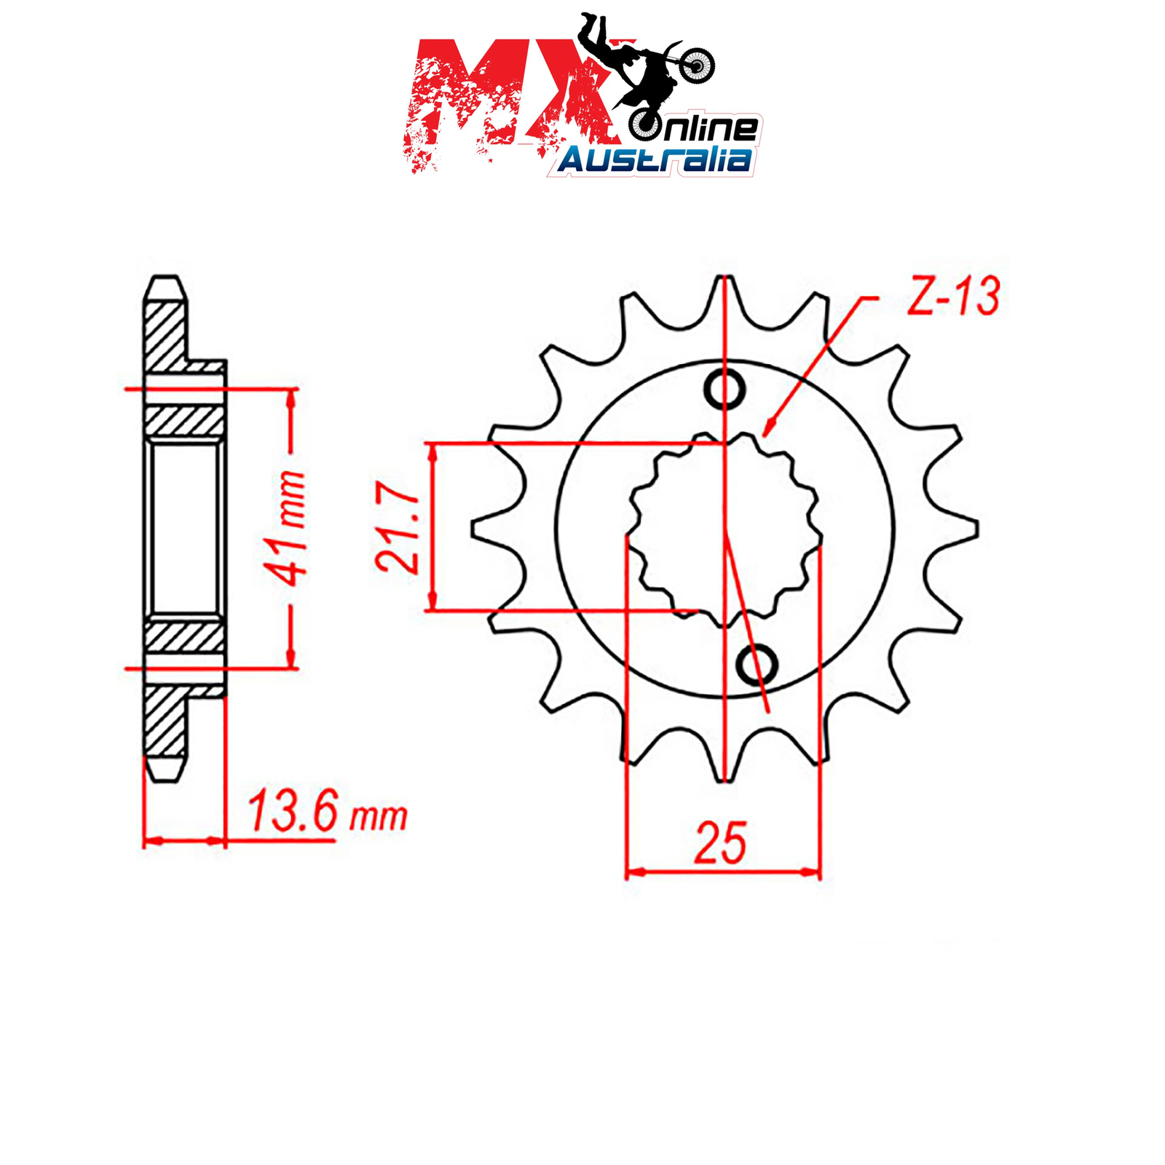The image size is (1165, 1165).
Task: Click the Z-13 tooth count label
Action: point(953,296)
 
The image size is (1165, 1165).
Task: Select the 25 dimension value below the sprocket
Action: point(721,842)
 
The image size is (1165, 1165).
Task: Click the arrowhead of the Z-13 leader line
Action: point(769,427)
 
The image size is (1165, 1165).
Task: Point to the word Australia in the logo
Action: point(655,159)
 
